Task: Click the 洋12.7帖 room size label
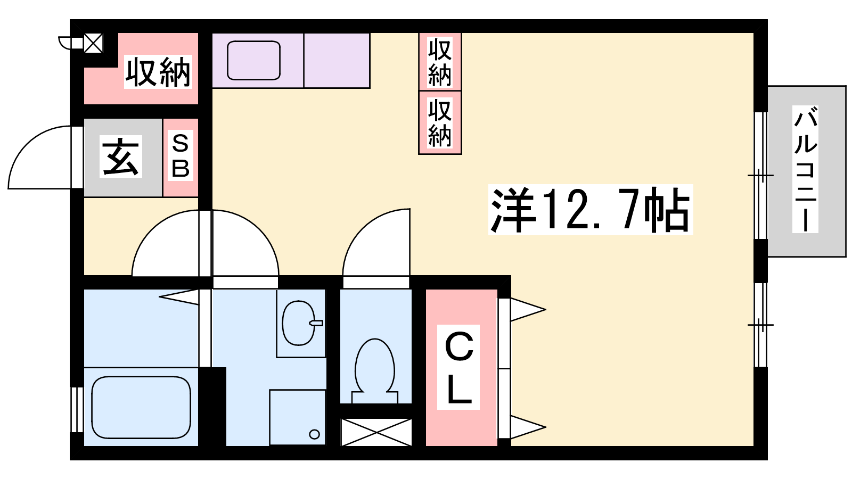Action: point(591,210)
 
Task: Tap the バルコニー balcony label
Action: point(805,169)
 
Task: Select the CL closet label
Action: point(458,367)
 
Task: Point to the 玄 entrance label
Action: point(121,156)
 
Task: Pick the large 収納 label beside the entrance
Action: point(158,72)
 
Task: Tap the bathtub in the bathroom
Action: point(141,407)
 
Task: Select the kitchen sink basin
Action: point(253,61)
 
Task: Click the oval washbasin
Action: point(299,323)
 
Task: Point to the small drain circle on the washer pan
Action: point(314,434)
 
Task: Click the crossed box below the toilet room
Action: point(376,432)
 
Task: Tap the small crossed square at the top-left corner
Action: point(93,43)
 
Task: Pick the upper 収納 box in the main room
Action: point(440,62)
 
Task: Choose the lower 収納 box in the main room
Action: point(440,122)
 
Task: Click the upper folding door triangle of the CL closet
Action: point(528,310)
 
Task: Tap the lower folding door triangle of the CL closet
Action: point(528,427)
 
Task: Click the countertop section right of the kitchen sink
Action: point(337,61)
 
